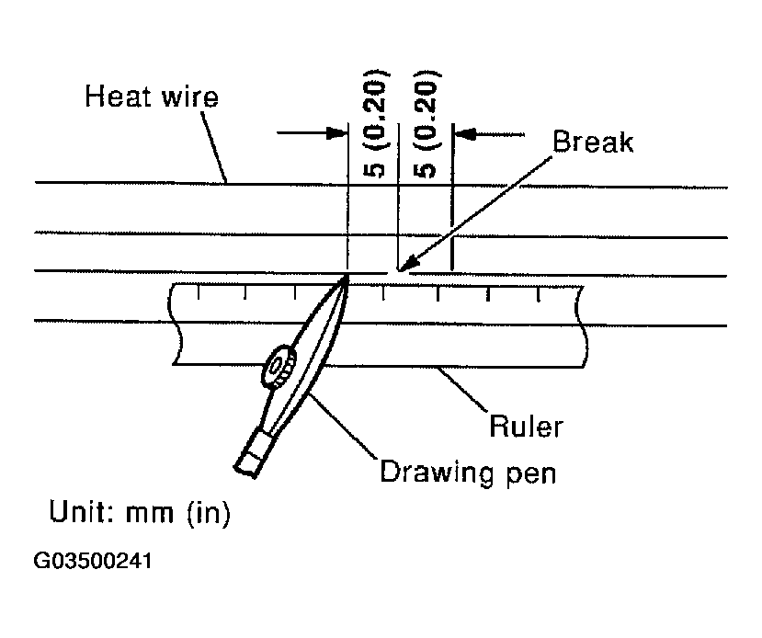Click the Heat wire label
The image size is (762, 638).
pyautogui.click(x=152, y=97)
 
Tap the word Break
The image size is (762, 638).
pyautogui.click(x=593, y=142)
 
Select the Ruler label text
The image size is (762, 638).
pyautogui.click(x=526, y=427)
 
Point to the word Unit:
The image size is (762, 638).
pyautogui.click(x=82, y=513)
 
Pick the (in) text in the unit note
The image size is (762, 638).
pyautogui.click(x=209, y=513)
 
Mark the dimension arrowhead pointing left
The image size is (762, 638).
pyautogui.click(x=466, y=133)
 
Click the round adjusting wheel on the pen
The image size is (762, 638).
pyautogui.click(x=278, y=368)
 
